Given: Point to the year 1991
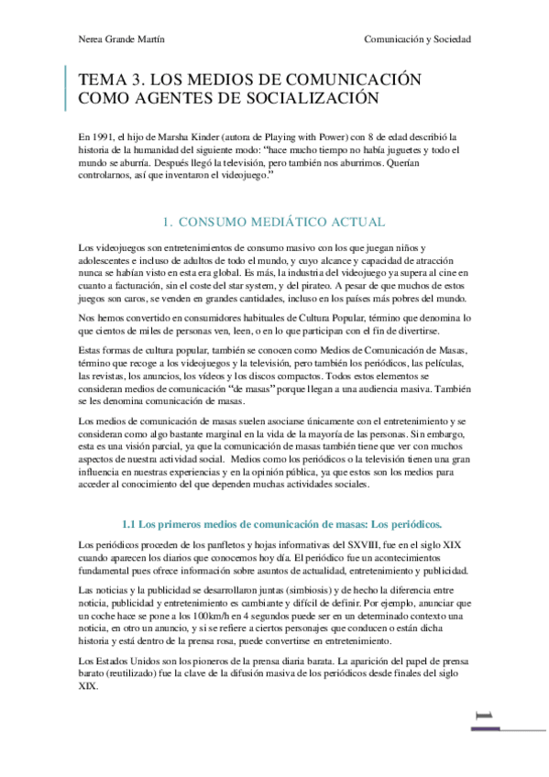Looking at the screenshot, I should point(105,136).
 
